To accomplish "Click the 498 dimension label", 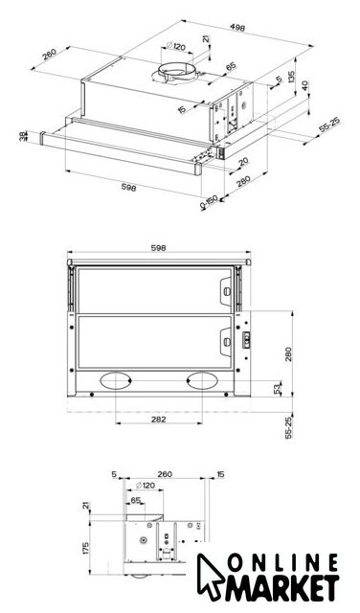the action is point(237,28).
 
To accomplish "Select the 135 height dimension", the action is point(291,77).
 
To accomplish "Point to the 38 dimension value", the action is point(23,136).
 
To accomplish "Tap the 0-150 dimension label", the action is point(209,202).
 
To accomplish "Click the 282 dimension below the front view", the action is point(158,420).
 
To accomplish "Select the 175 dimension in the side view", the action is point(85,548).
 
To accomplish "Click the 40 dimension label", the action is point(304,85).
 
